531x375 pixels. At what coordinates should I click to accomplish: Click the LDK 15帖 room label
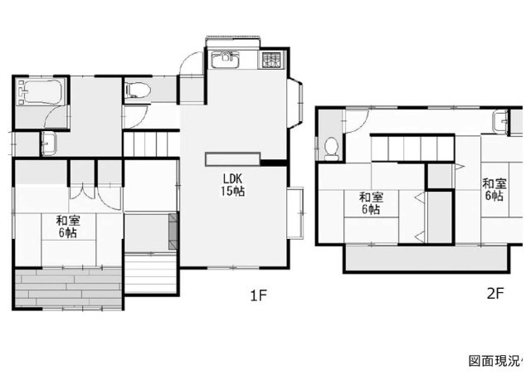(x=232, y=185)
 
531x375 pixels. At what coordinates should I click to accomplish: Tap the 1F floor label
(x=259, y=295)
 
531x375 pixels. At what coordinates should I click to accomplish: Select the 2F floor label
(x=495, y=294)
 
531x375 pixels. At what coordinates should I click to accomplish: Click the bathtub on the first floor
(x=41, y=91)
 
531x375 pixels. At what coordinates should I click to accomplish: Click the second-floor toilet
(x=331, y=149)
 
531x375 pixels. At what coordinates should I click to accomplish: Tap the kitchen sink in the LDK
(x=226, y=59)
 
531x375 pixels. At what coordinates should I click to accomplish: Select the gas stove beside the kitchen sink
(x=271, y=60)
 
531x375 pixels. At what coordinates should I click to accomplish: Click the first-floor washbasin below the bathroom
(x=49, y=144)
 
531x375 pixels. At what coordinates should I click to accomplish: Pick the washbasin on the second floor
(x=500, y=121)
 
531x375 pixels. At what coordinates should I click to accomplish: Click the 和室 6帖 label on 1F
(x=68, y=226)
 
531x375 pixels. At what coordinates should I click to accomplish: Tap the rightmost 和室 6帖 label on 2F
(x=494, y=190)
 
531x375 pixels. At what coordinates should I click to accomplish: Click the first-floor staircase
(x=151, y=144)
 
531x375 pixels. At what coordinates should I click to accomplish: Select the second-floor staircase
(x=412, y=149)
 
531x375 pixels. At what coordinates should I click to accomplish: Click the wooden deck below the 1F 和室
(x=68, y=288)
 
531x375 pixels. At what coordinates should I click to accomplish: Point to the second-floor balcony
(x=426, y=258)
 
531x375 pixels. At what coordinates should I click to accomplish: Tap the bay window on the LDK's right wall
(x=295, y=103)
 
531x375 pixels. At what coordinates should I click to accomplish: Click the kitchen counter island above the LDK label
(x=232, y=159)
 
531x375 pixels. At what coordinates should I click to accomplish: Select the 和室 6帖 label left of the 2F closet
(x=371, y=203)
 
